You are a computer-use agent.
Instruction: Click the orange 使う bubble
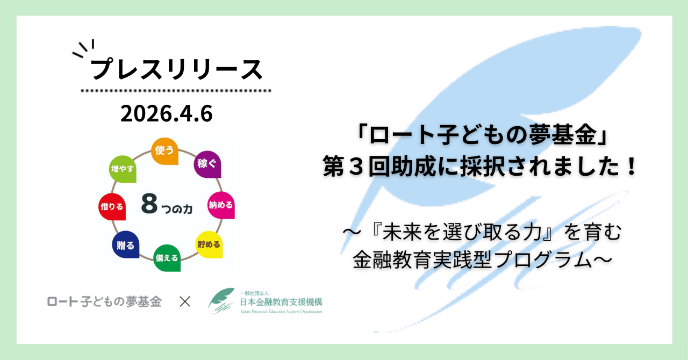coord(164,151)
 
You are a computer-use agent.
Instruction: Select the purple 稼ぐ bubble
coord(207,164)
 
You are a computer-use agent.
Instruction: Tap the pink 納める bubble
coord(221,205)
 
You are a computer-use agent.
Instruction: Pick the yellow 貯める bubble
coord(209,244)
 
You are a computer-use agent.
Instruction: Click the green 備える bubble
coord(167,258)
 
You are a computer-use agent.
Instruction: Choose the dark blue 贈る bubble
coord(126,244)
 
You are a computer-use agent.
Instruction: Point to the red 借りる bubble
coord(112,207)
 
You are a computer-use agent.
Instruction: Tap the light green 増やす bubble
coord(123,169)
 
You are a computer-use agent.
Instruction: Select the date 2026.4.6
coord(167,114)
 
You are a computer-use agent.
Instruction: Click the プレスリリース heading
coord(177,69)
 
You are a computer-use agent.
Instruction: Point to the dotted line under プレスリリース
coord(176,91)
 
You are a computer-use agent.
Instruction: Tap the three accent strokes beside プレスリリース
coord(83,48)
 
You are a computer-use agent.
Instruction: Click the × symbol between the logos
coord(185,301)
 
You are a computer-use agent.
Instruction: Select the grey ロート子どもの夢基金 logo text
coord(104,301)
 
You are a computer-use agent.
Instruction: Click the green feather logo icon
coord(221,300)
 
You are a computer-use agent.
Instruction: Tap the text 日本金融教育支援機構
coord(281,303)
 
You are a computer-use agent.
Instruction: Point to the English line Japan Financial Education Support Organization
coord(281,312)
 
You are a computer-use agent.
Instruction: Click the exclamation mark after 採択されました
coord(632,166)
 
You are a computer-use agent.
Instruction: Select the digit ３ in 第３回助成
coord(356,166)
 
